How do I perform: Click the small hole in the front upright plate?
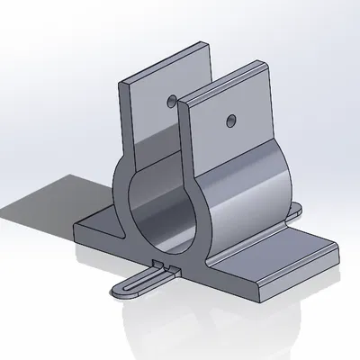231,118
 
